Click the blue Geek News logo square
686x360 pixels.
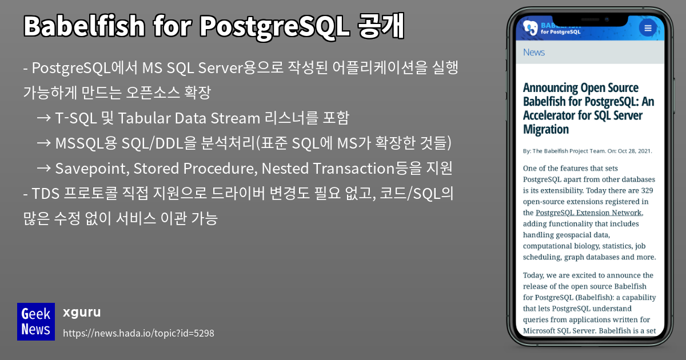coord(36,321)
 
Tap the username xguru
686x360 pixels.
coord(82,312)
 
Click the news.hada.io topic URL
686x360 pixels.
coord(138,333)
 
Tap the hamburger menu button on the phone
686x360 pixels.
coord(648,28)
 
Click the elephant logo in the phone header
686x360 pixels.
coord(530,28)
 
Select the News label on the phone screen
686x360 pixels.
coord(534,53)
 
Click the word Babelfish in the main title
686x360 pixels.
coord(84,26)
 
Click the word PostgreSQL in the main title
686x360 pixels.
coord(275,27)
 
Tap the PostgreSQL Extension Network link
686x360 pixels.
coord(589,213)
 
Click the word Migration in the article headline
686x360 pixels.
coord(546,130)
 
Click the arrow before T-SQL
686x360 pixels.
coord(44,118)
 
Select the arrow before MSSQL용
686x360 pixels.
coord(44,143)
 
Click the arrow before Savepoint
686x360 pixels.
coord(44,168)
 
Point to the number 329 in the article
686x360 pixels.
coord(647,190)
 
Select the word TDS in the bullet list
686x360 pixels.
coord(45,194)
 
